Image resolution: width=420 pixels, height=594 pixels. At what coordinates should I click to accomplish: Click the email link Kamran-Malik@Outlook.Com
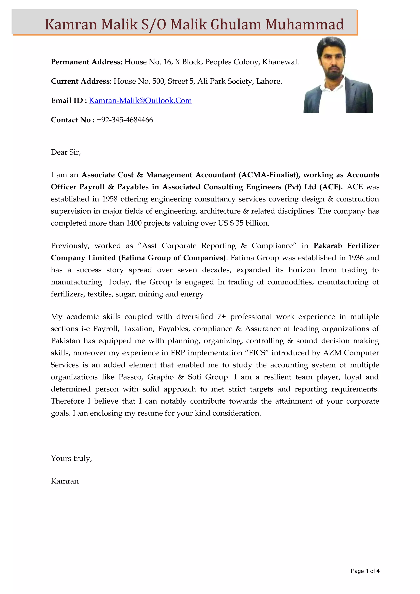[x=140, y=100]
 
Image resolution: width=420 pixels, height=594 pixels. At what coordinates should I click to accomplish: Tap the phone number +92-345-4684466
[x=125, y=120]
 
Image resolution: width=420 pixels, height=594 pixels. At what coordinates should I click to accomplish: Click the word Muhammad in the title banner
[x=304, y=25]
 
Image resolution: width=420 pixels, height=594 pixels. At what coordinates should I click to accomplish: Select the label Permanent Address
[x=86, y=62]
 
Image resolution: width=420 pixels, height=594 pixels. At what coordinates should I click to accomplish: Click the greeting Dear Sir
[x=66, y=152]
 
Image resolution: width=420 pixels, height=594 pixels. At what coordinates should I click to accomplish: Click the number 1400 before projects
[x=134, y=223]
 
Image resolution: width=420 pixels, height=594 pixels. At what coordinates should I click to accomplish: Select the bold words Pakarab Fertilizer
[x=346, y=246]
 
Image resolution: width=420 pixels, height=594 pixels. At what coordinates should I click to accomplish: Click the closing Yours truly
[x=71, y=459]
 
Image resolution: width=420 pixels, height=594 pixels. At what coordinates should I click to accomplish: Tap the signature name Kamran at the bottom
[x=65, y=481]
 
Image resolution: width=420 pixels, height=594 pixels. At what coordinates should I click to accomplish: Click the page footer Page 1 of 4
[x=365, y=571]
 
